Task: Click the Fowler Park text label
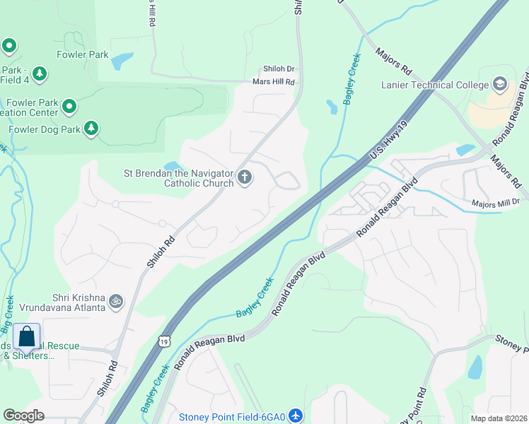(x=82, y=54)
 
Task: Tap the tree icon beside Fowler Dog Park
(x=91, y=129)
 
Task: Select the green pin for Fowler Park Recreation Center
(x=69, y=107)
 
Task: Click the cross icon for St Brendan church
(x=245, y=177)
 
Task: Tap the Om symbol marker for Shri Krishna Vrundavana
(x=117, y=302)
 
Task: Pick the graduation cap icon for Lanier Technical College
(x=501, y=85)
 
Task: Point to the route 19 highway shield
(x=165, y=341)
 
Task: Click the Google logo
(x=23, y=416)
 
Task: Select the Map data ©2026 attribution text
(x=499, y=418)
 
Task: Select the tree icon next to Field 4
(x=40, y=73)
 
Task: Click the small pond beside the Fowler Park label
(x=122, y=61)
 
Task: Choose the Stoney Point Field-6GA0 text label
(x=231, y=417)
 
